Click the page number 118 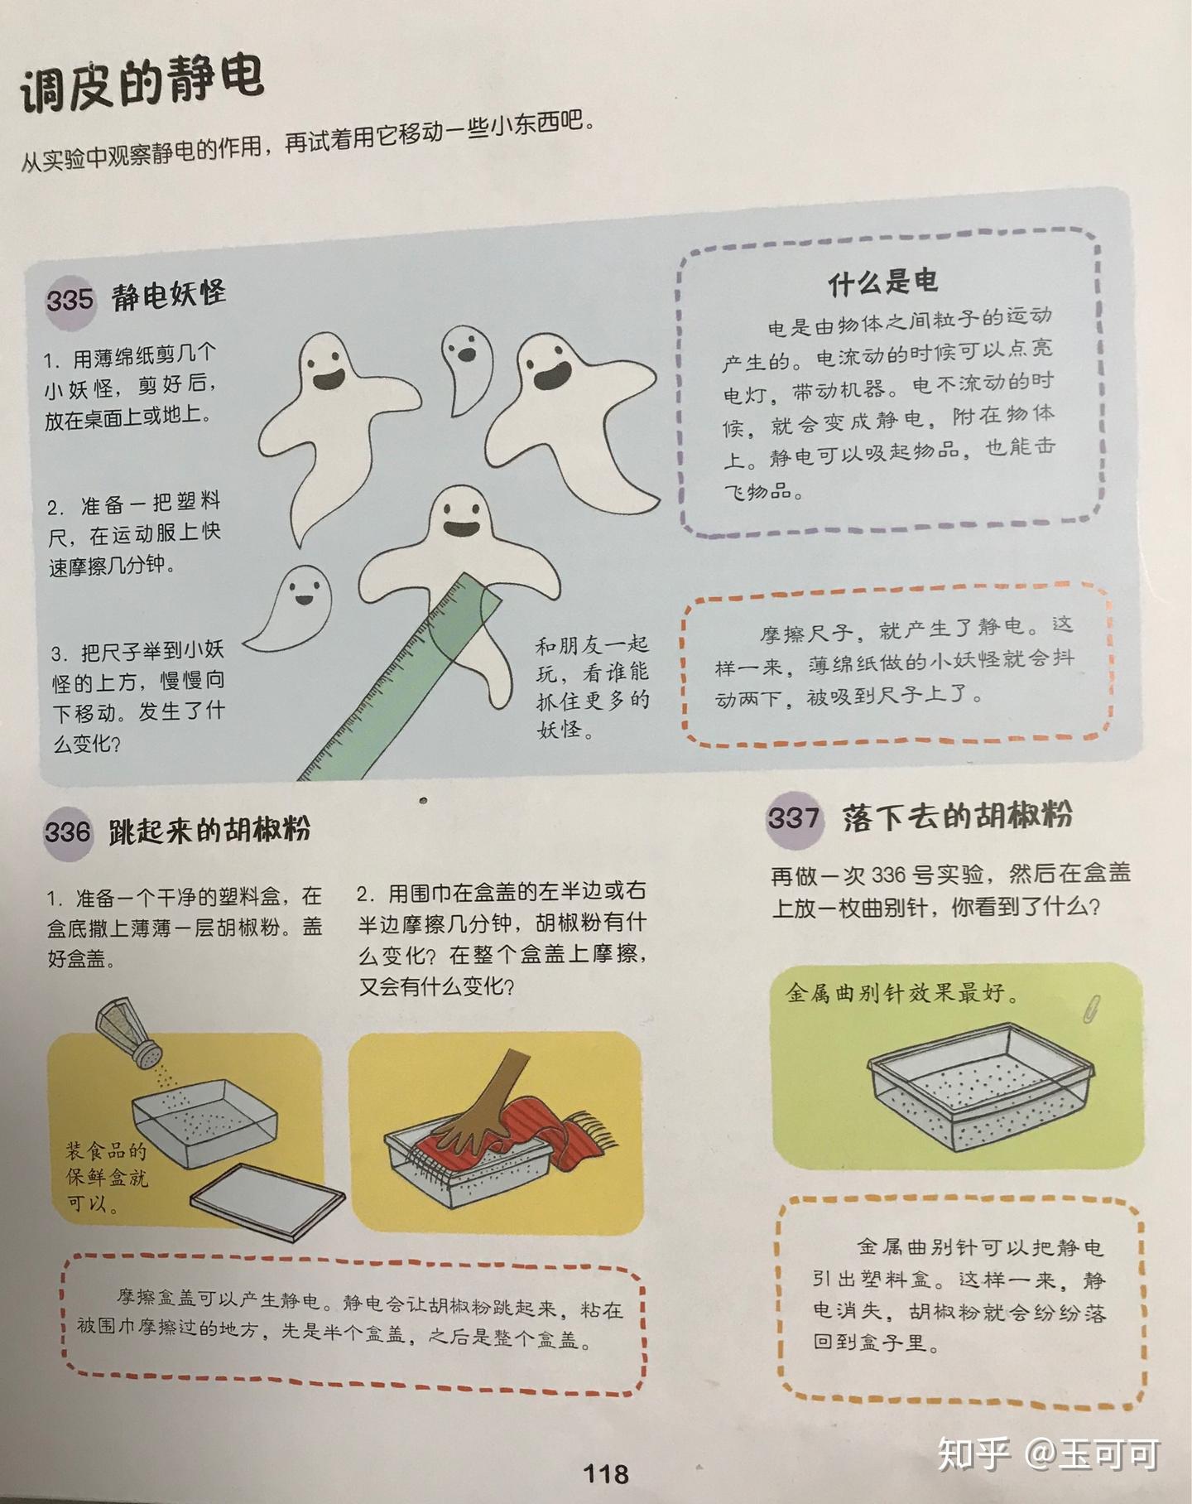[x=606, y=1473]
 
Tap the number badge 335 [x=70, y=298]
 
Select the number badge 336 [x=67, y=831]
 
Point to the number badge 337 [x=793, y=818]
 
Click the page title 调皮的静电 [x=141, y=83]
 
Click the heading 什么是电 [x=882, y=282]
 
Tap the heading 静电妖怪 [x=169, y=294]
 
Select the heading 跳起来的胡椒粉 [x=209, y=829]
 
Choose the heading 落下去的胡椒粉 [x=957, y=816]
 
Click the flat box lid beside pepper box [x=267, y=1199]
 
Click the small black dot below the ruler [x=423, y=800]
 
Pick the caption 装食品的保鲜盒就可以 [x=106, y=1176]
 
